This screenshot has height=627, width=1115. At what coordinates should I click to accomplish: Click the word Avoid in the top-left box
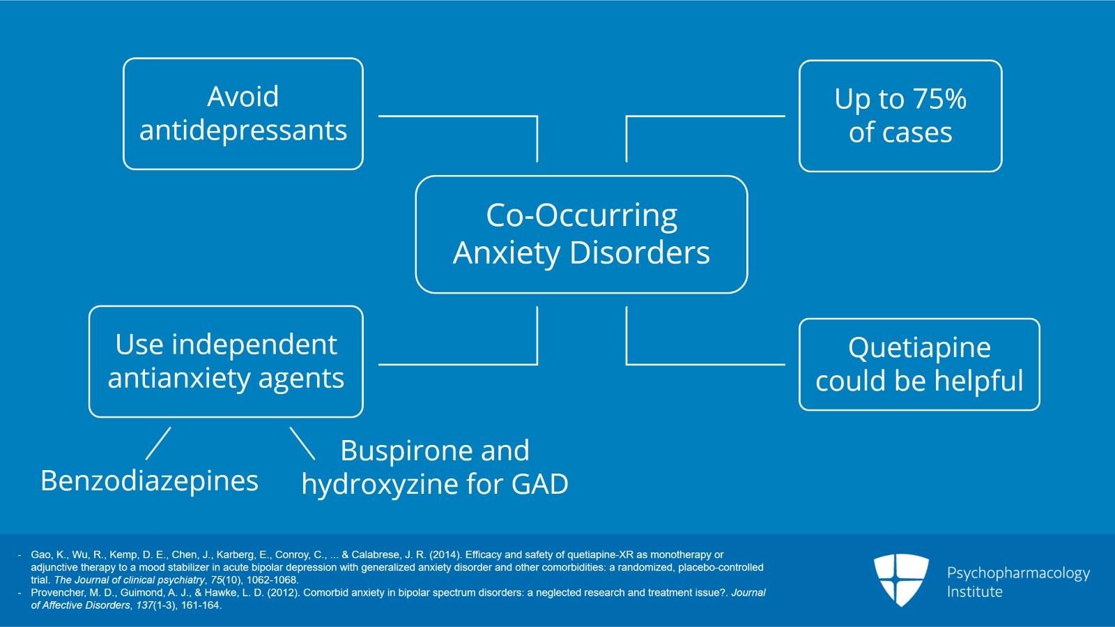(243, 96)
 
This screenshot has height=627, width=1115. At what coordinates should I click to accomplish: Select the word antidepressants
(243, 130)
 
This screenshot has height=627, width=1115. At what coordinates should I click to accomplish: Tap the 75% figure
(939, 99)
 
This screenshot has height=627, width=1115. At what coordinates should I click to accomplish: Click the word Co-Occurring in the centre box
(581, 216)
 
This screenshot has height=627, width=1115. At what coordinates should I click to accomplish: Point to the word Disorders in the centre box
(639, 252)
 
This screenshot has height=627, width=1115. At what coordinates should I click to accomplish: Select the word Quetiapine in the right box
(918, 347)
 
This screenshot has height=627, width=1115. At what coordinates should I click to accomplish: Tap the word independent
(254, 345)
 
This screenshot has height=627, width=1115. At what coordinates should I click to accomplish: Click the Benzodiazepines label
(149, 481)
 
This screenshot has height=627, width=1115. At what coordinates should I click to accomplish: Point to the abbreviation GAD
(539, 484)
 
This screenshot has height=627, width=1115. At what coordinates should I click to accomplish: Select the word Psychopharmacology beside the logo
(1017, 573)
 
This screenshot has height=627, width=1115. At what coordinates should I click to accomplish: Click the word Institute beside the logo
(974, 592)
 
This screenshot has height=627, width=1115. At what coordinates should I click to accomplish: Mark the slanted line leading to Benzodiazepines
(158, 444)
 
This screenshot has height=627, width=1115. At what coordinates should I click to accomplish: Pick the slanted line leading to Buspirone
(302, 444)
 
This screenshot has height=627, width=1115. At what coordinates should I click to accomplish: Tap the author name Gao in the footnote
(40, 555)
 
